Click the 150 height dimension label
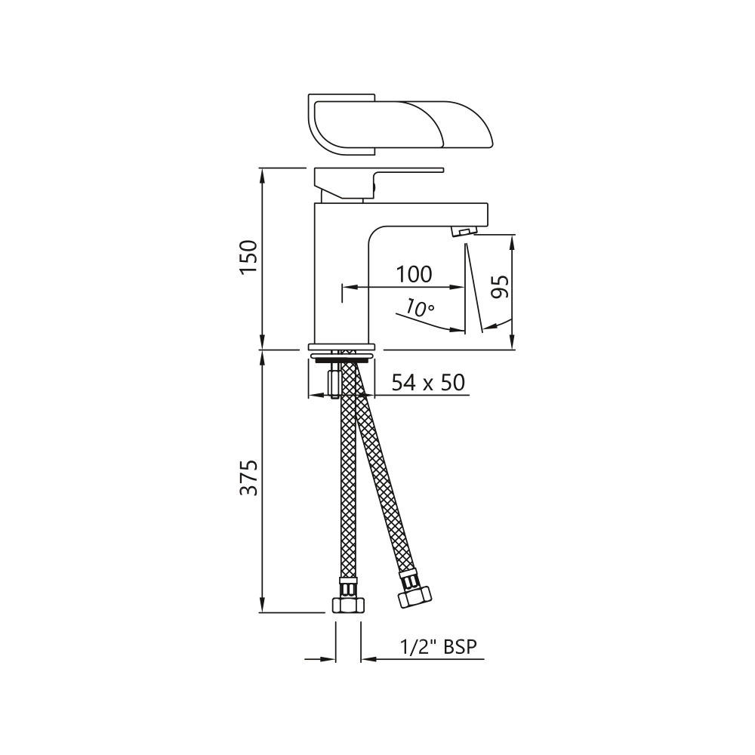point(249,256)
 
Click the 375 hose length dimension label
point(249,478)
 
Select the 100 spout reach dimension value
point(414,275)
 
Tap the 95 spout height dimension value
point(501,287)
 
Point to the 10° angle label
point(419,307)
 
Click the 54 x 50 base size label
point(428,383)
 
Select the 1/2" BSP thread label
point(438,647)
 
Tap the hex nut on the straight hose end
point(348,605)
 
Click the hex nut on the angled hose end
point(415,597)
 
